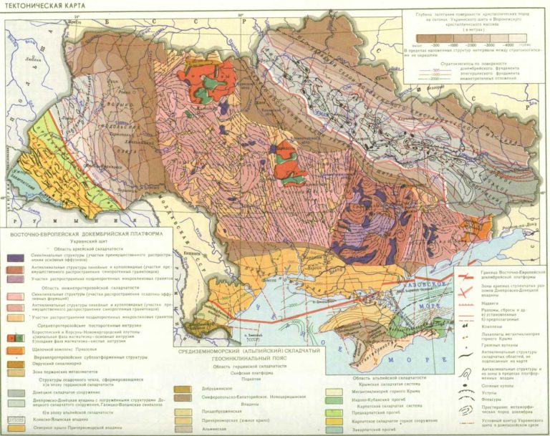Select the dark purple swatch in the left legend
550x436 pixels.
[x=14, y=256]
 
